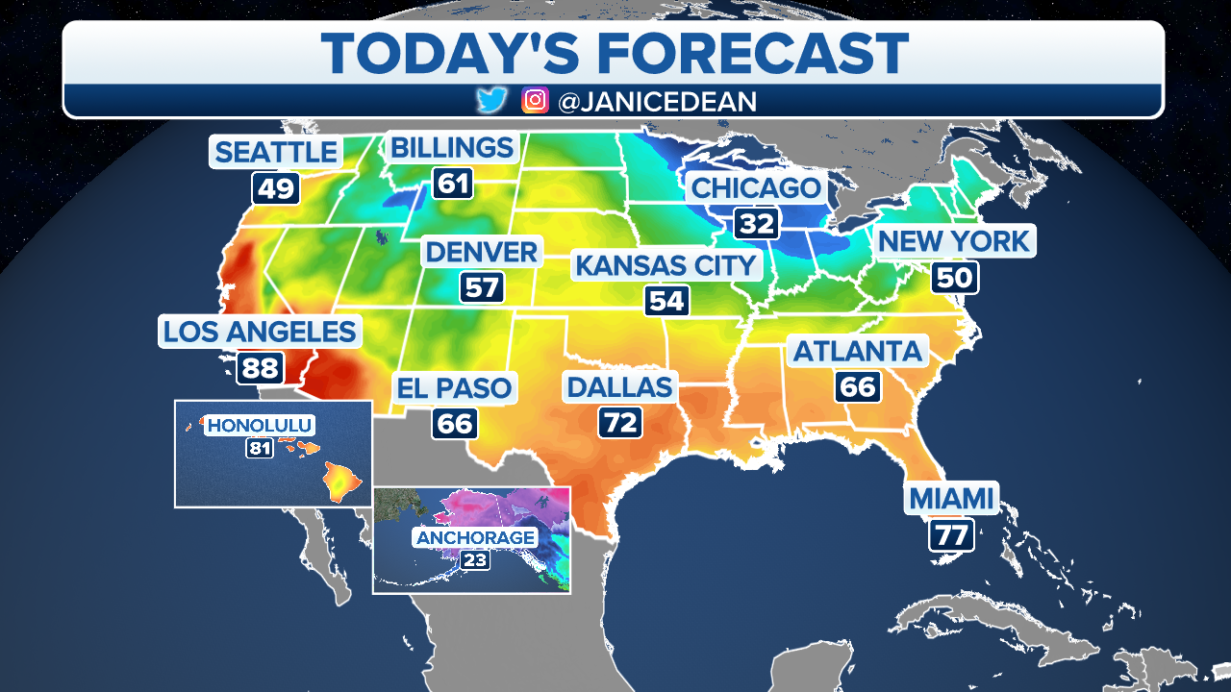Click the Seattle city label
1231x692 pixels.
pos(276,152)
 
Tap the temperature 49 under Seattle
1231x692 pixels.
pos(276,187)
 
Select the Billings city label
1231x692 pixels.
pos(451,148)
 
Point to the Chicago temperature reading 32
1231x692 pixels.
pos(757,224)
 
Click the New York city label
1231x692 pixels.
pos(954,241)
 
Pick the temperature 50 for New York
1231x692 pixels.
pos(954,278)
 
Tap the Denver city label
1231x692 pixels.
pos(482,253)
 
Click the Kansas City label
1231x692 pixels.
pos(666,264)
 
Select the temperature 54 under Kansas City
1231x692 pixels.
pos(666,301)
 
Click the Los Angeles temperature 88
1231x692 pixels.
pos(259,367)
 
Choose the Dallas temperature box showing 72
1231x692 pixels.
pos(620,422)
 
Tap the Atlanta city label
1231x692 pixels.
pos(858,351)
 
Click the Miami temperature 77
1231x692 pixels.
pos(951,534)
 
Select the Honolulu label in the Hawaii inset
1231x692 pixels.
pos(261,425)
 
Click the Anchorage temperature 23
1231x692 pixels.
pos(474,560)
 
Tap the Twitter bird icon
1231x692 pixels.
pos(491,101)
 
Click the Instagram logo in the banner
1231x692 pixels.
pos(535,101)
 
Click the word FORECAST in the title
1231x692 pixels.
pos(745,53)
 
